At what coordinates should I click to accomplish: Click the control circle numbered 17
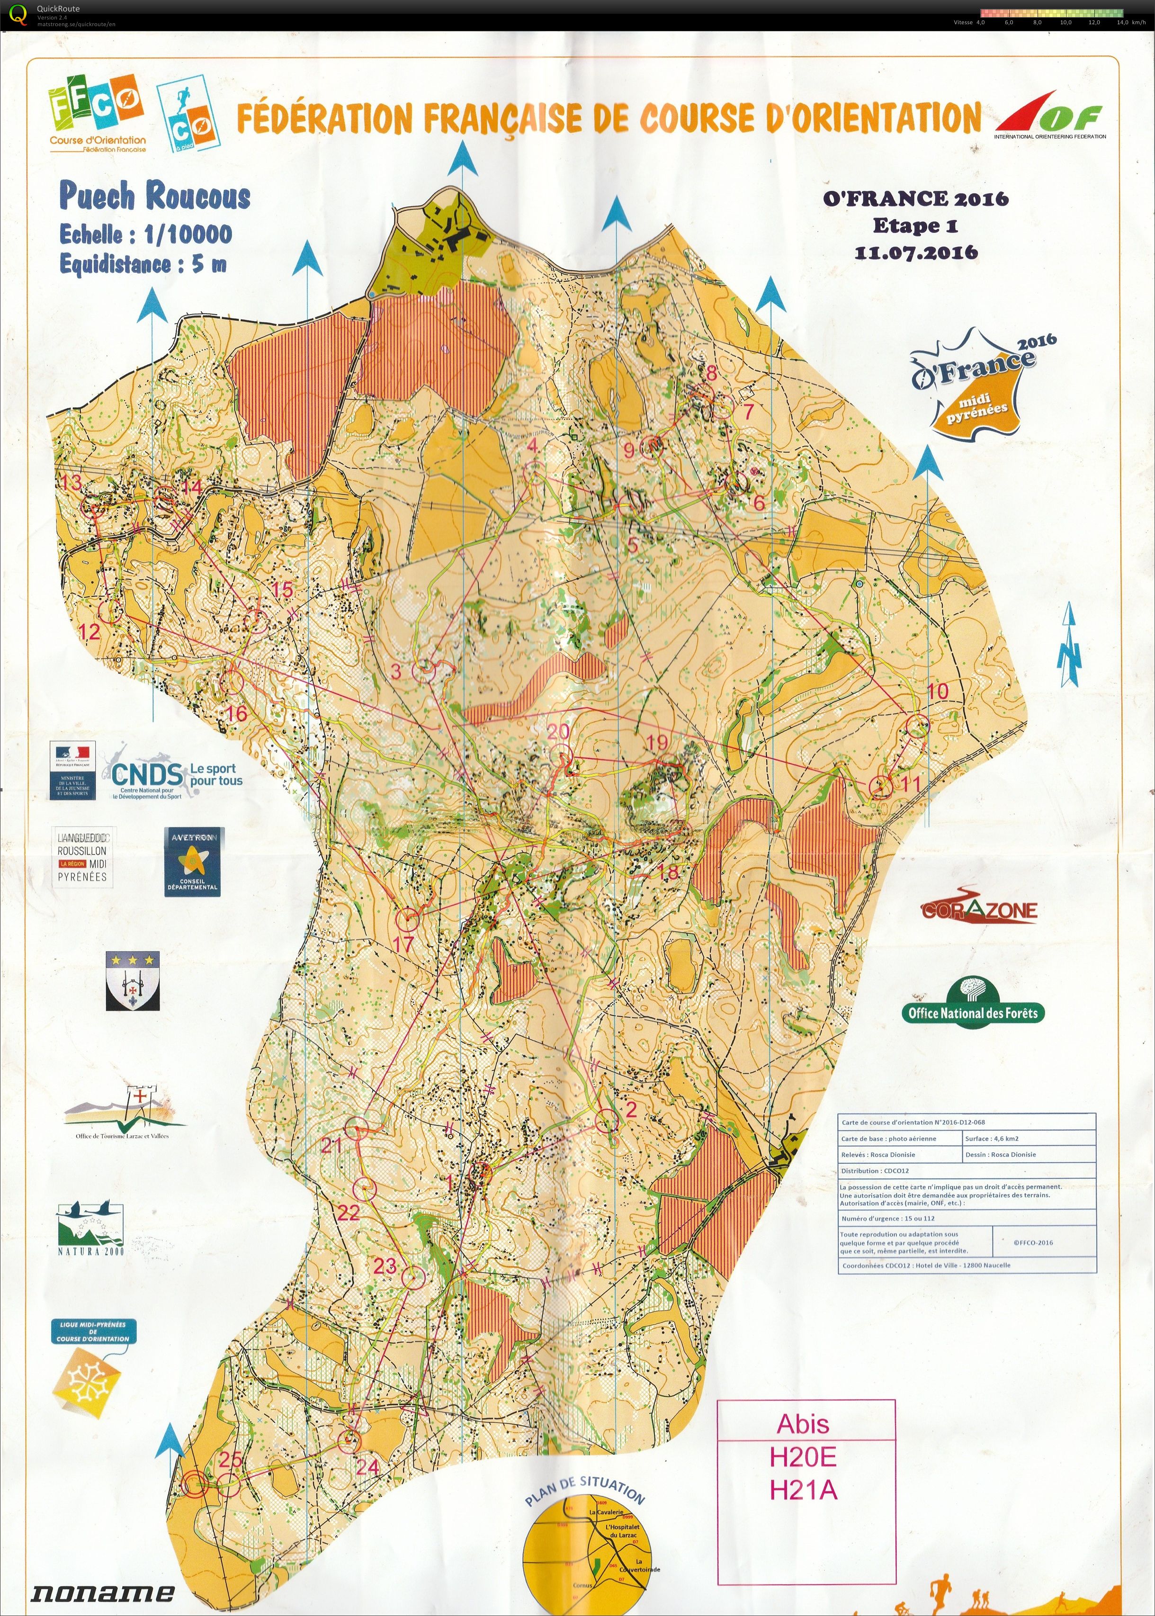pyautogui.click(x=408, y=920)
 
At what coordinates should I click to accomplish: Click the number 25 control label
pyautogui.click(x=231, y=1460)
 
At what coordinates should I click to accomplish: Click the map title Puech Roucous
pyautogui.click(x=154, y=196)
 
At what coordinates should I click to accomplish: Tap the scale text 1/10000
pyautogui.click(x=188, y=234)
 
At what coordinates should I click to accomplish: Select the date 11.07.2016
pyautogui.click(x=916, y=252)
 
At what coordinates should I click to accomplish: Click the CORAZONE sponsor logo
pyautogui.click(x=979, y=910)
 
